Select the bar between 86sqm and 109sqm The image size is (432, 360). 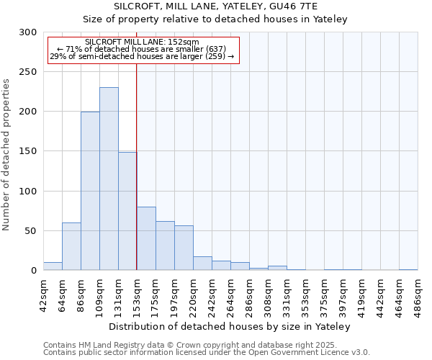coord(90,191)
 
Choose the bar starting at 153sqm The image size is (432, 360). coord(146,238)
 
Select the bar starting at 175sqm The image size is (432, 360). coord(165,246)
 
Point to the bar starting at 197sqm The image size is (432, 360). coord(184,248)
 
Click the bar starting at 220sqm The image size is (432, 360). coord(202,263)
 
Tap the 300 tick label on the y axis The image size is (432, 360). coord(28,32)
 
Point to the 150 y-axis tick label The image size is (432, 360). coord(28,151)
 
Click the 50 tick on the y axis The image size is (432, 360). coord(31,231)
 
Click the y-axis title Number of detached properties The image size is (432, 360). coord(7,155)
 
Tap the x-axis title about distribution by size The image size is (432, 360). coord(230,326)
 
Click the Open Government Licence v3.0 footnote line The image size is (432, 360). coord(207,353)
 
